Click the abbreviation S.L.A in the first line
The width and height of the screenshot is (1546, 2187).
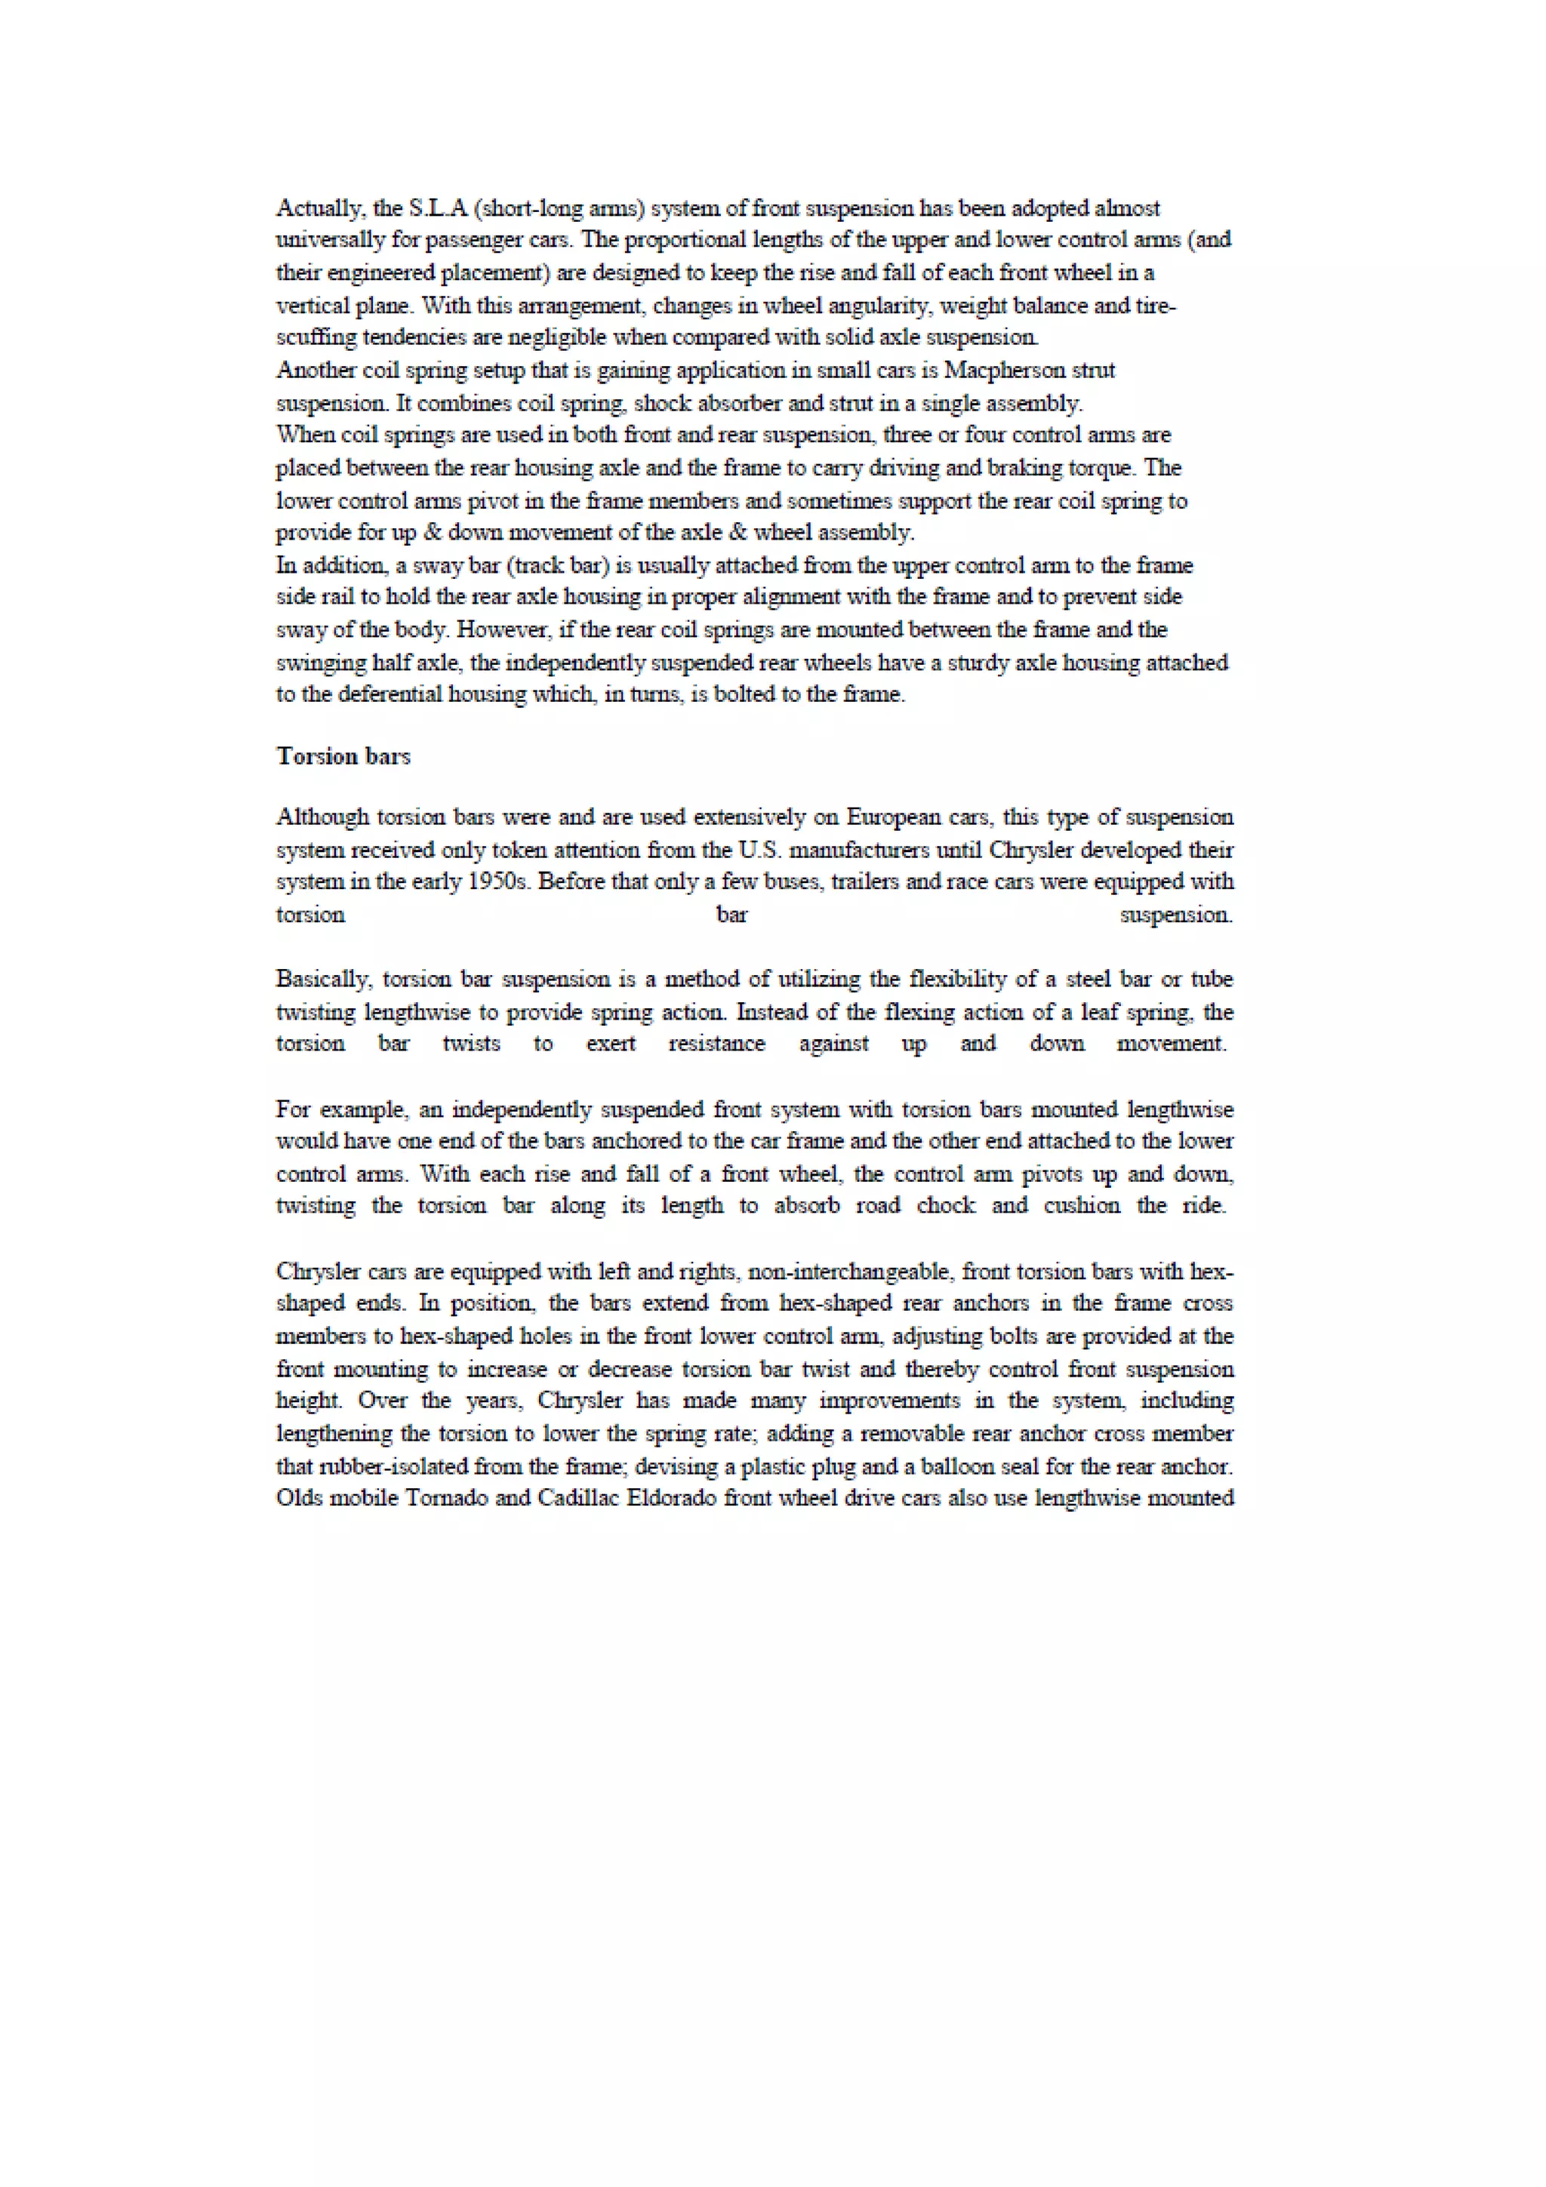437,208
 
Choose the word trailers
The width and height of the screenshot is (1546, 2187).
865,881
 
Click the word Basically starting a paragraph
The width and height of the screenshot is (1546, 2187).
324,980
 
